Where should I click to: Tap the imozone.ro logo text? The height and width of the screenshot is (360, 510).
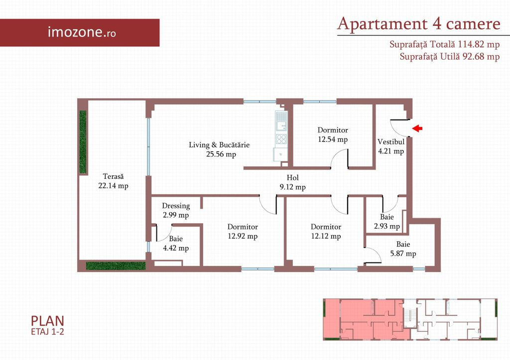[x=82, y=32]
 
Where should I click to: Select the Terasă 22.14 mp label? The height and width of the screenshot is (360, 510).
[x=113, y=181]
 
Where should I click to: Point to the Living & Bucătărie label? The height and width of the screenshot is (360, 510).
[x=220, y=149]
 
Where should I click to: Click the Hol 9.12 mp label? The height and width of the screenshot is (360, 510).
[x=292, y=182]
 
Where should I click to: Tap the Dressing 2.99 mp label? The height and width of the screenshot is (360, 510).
[x=176, y=211]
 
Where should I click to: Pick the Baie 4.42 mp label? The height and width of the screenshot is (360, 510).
[x=176, y=243]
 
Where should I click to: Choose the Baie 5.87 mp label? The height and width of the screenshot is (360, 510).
[x=403, y=249]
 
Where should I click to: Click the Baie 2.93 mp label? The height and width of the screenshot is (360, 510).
[x=386, y=222]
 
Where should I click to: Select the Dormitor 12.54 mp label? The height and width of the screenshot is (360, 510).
[x=333, y=134]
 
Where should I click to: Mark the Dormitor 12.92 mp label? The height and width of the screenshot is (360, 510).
[x=243, y=232]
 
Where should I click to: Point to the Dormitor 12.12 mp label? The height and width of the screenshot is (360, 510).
[x=326, y=232]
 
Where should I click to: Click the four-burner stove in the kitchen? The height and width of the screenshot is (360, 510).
[x=281, y=139]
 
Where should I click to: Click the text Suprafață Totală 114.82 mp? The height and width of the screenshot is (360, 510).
[x=445, y=44]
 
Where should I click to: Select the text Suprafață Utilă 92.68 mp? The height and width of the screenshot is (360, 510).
[x=450, y=56]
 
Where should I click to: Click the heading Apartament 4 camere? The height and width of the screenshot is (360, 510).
[x=419, y=24]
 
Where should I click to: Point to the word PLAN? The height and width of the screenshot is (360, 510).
[x=47, y=321]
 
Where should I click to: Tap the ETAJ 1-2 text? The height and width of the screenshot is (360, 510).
[x=47, y=332]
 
